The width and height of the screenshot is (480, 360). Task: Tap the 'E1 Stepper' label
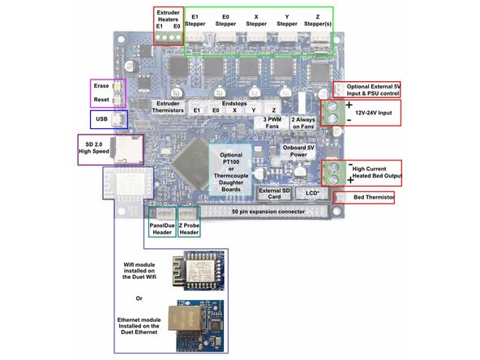tap(196, 19)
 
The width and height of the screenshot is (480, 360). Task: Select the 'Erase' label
tap(101, 87)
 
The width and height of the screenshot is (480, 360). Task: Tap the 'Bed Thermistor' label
tap(375, 197)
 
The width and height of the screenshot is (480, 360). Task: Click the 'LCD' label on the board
tap(313, 192)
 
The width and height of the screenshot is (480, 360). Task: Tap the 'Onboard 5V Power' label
tap(298, 152)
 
